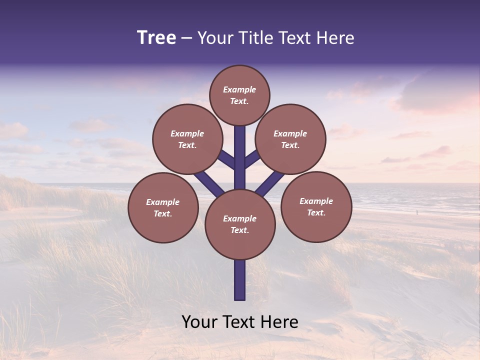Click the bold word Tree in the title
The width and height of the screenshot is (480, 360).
[156, 37]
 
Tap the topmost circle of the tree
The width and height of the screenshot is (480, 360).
[239, 95]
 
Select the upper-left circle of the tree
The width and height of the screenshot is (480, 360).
[187, 139]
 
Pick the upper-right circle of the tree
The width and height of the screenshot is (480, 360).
[290, 139]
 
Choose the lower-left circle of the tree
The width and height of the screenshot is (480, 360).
[163, 207]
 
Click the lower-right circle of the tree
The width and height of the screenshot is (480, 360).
[316, 206]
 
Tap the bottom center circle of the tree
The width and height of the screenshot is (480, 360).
[240, 224]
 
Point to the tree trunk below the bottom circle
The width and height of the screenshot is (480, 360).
[240, 280]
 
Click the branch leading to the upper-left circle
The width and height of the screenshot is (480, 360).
[226, 159]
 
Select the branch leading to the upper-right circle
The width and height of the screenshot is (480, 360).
[252, 159]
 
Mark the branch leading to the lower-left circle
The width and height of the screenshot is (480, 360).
[208, 183]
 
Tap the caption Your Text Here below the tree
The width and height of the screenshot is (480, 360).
[240, 322]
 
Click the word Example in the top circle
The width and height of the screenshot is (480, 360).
[239, 89]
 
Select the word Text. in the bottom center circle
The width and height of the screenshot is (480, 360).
[239, 230]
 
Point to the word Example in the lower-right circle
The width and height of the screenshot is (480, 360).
[316, 201]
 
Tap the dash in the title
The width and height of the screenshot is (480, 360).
[186, 38]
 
